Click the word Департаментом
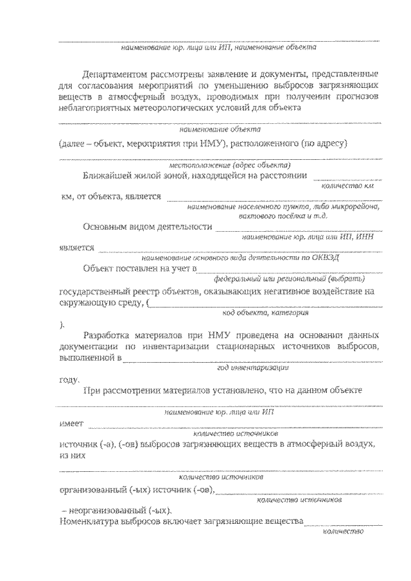coord(118,74)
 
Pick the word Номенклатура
coord(94,521)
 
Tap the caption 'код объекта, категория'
coord(265,313)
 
